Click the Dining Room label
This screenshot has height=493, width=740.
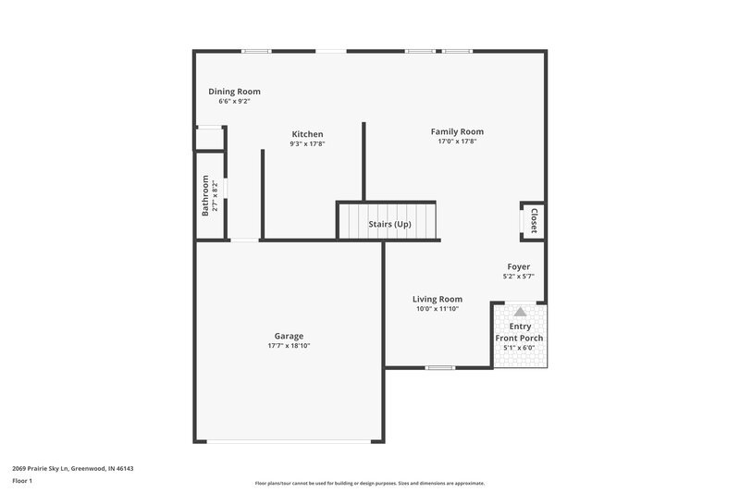[x=234, y=92]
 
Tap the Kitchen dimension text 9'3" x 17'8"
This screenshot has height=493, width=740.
[x=307, y=144]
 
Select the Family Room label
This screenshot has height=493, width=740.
[x=457, y=131]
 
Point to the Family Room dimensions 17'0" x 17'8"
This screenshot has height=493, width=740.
[x=457, y=142]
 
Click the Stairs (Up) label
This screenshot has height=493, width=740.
[x=389, y=225]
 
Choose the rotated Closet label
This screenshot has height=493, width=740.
[x=534, y=221]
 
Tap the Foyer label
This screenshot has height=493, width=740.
[x=518, y=266]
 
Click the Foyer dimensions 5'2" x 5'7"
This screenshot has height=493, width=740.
[x=518, y=277]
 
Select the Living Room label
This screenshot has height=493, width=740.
[x=438, y=299]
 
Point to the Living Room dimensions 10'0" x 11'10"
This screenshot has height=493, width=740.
[x=438, y=309]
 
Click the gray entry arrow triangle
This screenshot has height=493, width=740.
[x=519, y=313]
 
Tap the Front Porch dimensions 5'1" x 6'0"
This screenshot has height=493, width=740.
[x=519, y=348]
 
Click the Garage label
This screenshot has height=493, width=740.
[x=289, y=336]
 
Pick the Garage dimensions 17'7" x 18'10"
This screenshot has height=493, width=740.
[x=289, y=346]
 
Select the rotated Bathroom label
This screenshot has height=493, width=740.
[x=205, y=196]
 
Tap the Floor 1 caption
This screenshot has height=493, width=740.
[x=22, y=482]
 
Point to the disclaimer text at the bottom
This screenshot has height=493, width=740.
[x=369, y=483]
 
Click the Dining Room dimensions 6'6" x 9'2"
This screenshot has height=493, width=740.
[x=234, y=102]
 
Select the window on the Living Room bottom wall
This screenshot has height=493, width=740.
[x=440, y=368]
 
